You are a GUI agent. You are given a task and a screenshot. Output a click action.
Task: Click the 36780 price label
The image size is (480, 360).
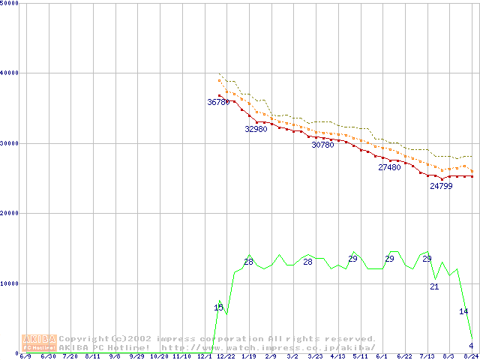[218, 102]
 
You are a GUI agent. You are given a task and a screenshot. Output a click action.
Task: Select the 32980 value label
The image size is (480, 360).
[256, 129]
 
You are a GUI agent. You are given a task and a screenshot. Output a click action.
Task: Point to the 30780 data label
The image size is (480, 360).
[322, 145]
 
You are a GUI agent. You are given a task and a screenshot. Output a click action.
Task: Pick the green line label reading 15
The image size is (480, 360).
[218, 307]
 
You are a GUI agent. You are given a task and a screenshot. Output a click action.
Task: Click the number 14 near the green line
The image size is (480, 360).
[463, 311]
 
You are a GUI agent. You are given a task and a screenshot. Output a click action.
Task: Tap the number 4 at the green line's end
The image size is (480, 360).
[471, 345]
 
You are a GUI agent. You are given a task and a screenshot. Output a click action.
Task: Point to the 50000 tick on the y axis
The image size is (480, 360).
[10, 4]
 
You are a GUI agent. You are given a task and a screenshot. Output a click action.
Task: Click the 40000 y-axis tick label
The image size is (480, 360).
[10, 73]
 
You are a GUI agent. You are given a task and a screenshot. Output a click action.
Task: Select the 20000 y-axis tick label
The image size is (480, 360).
[10, 213]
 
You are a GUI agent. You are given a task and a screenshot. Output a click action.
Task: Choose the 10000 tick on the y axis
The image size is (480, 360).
[10, 283]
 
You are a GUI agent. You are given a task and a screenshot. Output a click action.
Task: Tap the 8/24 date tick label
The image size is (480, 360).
[471, 357]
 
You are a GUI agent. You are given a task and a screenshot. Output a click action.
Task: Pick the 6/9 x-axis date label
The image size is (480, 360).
[25, 357]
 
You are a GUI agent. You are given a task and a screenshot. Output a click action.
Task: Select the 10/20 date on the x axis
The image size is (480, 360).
[160, 357]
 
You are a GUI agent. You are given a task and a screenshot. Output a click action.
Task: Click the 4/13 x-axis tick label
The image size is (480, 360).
[337, 357]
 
